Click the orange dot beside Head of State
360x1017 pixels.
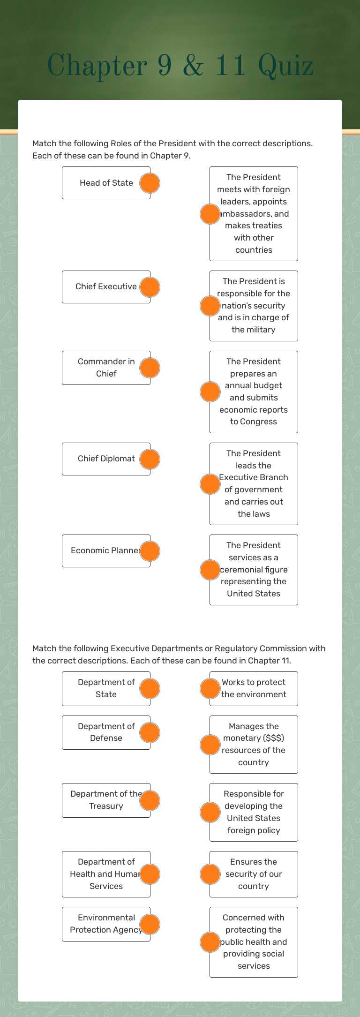tap(150, 183)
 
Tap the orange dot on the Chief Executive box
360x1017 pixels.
tap(150, 287)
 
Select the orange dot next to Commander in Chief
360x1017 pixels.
tap(150, 368)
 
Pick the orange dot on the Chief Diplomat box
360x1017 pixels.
tap(150, 459)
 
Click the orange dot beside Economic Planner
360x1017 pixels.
tap(150, 551)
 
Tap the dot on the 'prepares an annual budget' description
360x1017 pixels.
tap(210, 392)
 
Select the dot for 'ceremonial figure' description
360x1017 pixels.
tap(210, 570)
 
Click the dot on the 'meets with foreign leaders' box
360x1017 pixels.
tap(210, 214)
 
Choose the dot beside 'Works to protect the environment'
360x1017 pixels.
tap(210, 688)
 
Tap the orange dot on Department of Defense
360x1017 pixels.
tap(150, 732)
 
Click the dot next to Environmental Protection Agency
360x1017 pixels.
tap(150, 924)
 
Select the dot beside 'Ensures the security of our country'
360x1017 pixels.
tap(210, 874)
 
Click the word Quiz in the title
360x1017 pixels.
tap(285, 66)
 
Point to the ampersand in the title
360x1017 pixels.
tap(193, 66)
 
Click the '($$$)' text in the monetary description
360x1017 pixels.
tap(267, 738)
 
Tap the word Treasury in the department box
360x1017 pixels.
tap(106, 806)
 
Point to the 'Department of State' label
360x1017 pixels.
tap(106, 688)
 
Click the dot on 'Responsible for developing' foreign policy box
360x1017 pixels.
tap(210, 812)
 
